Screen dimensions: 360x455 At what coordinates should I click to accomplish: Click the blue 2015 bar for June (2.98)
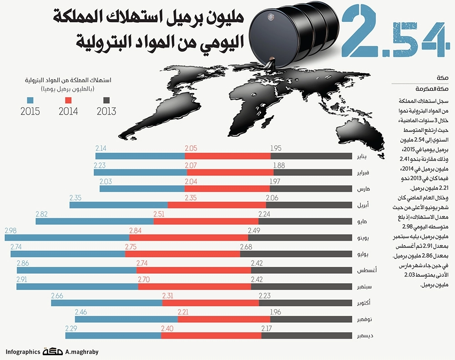coord(66,238)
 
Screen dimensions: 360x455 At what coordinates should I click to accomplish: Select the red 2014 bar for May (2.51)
coord(206,221)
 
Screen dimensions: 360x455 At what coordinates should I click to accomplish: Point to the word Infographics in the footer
coord(23,352)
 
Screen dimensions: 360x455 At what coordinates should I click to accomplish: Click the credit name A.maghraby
coord(82,352)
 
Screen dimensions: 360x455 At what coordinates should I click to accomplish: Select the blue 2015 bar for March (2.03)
coord(142,189)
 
